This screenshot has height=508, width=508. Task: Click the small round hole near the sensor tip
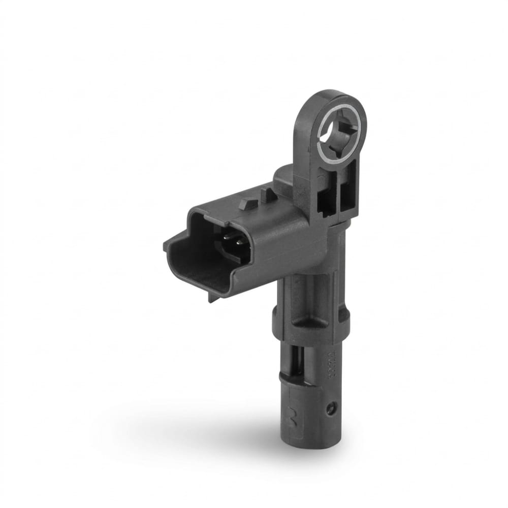331,407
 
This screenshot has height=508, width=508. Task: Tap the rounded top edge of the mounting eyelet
330,93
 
